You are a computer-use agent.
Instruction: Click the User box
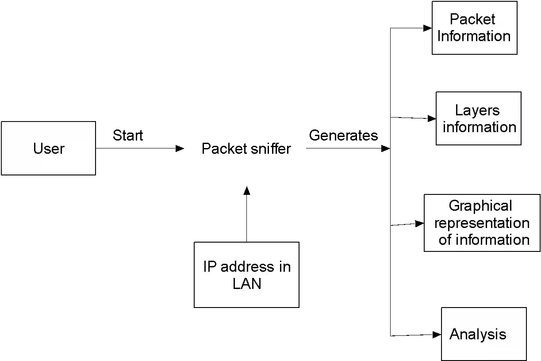(x=48, y=148)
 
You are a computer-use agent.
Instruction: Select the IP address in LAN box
(x=247, y=274)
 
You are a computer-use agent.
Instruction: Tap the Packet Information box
(x=474, y=28)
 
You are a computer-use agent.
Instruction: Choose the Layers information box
(x=479, y=118)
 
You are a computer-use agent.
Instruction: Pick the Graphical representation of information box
(x=482, y=223)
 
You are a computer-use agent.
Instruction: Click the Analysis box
(x=483, y=334)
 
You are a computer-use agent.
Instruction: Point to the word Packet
(x=472, y=19)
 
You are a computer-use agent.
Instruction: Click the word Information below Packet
(x=474, y=36)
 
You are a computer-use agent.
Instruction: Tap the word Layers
(x=477, y=110)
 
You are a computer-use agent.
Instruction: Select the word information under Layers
(x=480, y=127)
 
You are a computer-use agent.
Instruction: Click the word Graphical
(x=480, y=206)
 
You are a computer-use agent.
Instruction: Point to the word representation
(x=482, y=223)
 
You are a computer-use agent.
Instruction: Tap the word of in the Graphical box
(x=445, y=239)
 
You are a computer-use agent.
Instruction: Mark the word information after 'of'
(x=492, y=239)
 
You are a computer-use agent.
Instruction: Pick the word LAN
(x=247, y=284)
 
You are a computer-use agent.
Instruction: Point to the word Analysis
(x=478, y=334)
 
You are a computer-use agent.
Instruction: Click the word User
(x=49, y=148)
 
